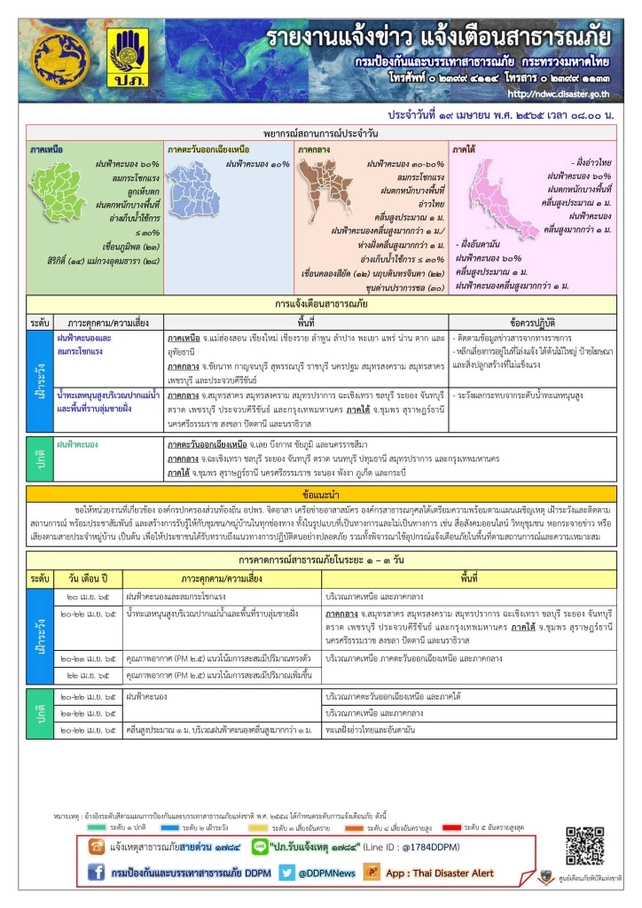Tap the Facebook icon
pyautogui.click(x=98, y=873)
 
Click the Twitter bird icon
pyautogui.click(x=286, y=873)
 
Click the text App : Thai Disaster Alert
pyautogui.click(x=442, y=873)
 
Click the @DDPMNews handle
pyautogui.click(x=327, y=873)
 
